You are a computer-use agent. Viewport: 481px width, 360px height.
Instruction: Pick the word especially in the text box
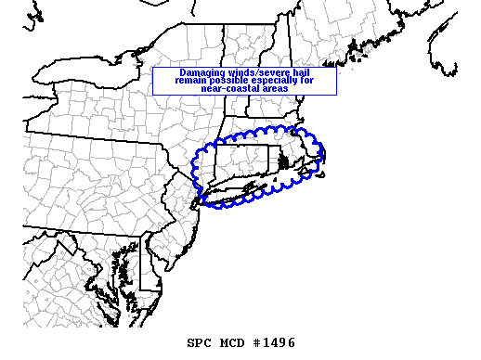click(x=282, y=81)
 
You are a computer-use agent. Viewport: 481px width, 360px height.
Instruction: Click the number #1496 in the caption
click(x=274, y=342)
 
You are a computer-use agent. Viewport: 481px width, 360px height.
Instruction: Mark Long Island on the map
click(x=237, y=195)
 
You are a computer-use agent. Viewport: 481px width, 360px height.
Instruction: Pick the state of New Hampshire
click(x=269, y=84)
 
